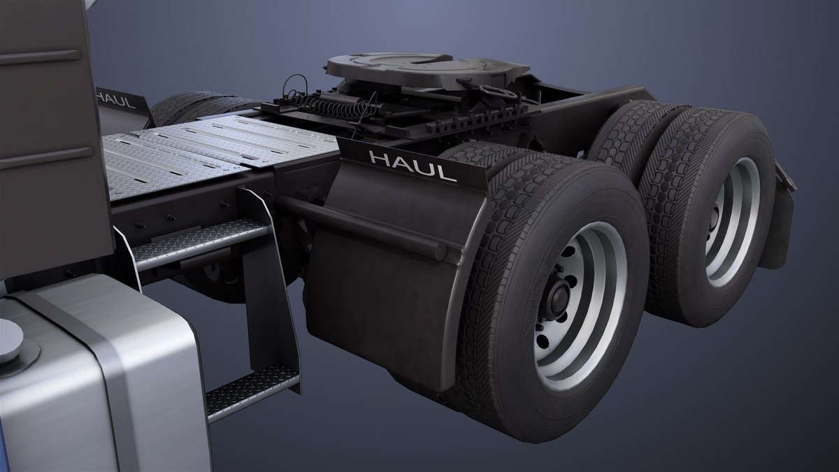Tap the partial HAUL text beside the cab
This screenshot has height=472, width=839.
pos(116,97)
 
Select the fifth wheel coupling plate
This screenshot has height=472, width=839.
pos(426,67)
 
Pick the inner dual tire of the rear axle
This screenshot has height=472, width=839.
pos(622,133)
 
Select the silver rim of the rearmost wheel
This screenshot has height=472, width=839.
pos(731,224)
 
